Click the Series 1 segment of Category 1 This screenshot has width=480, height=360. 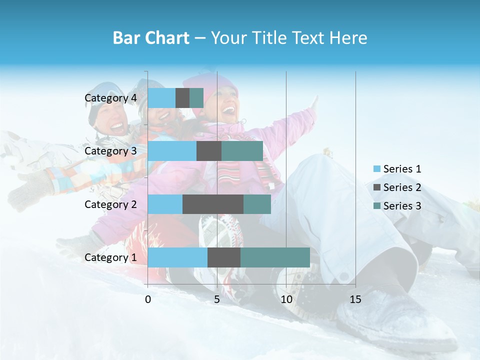177,257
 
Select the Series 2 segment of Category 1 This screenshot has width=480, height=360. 224,257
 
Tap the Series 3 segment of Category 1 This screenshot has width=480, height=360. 275,257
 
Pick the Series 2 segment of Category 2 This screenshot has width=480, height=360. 213,204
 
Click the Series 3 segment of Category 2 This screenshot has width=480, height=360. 257,204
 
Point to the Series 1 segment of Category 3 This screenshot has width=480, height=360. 172,151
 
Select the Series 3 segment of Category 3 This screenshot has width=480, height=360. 242,151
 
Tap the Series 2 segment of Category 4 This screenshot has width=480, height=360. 182,98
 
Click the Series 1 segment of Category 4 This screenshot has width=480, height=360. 161,98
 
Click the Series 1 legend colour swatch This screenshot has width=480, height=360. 377,169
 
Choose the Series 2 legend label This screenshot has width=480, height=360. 402,187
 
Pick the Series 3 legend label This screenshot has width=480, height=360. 402,206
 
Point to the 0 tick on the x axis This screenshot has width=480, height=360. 148,299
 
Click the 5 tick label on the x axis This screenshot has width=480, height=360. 217,299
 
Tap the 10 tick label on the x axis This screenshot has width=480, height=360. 286,299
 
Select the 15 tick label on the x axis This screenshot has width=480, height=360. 355,299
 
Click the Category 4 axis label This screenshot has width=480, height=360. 110,98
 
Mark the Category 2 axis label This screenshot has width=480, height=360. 110,204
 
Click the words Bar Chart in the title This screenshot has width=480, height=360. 151,38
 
